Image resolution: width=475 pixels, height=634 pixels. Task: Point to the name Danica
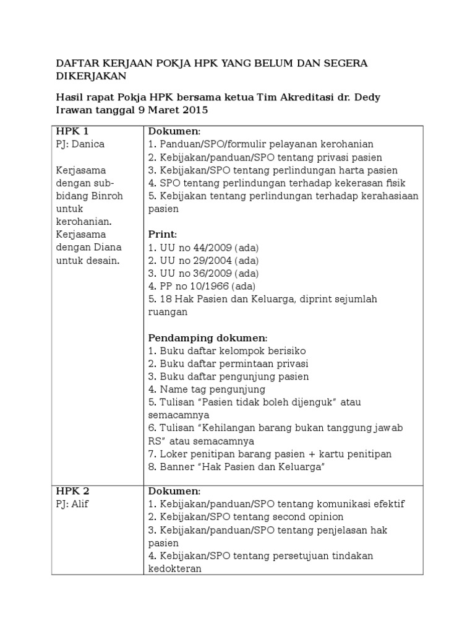[88, 144]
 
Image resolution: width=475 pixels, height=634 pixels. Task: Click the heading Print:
[163, 235]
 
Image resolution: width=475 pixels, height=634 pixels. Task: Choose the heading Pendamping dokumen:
[208, 337]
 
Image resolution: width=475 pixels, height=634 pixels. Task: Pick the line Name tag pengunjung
[207, 389]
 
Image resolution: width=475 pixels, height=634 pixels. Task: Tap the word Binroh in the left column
[107, 196]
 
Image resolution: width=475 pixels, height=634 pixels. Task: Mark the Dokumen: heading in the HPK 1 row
[174, 131]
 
